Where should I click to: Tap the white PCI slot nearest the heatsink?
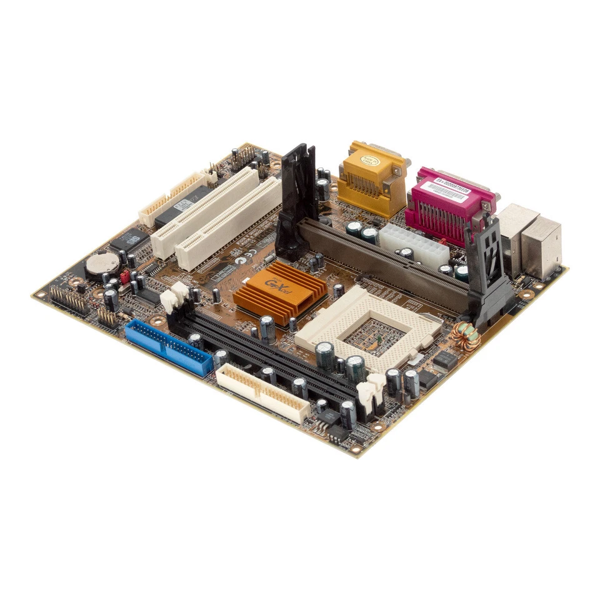point(229,224)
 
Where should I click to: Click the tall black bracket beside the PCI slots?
point(297,200)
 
